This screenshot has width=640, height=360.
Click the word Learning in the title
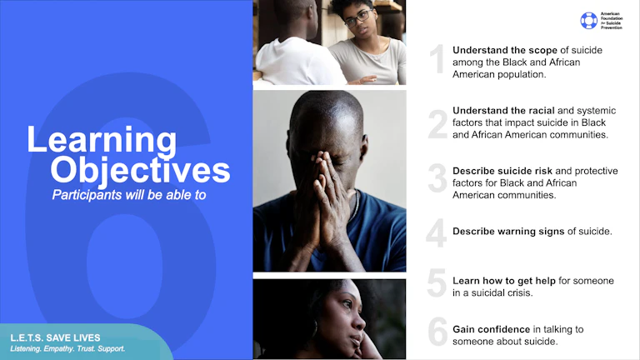[x=102, y=139]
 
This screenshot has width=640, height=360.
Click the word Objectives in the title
[x=140, y=170]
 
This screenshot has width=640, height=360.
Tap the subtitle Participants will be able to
[x=128, y=196]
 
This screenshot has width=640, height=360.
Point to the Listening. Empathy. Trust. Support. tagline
[x=67, y=349]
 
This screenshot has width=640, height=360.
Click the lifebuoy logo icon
[x=589, y=20]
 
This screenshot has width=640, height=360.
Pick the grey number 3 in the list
[x=437, y=180]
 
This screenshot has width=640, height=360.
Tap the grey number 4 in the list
[x=437, y=232]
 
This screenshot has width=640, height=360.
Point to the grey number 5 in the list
[x=437, y=284]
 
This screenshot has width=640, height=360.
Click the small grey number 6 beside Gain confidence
[x=437, y=332]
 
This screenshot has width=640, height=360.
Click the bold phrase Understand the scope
[x=505, y=50]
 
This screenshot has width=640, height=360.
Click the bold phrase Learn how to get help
[x=503, y=281]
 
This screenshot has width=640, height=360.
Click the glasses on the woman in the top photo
[x=357, y=17]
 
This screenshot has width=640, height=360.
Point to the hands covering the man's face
[x=328, y=175]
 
